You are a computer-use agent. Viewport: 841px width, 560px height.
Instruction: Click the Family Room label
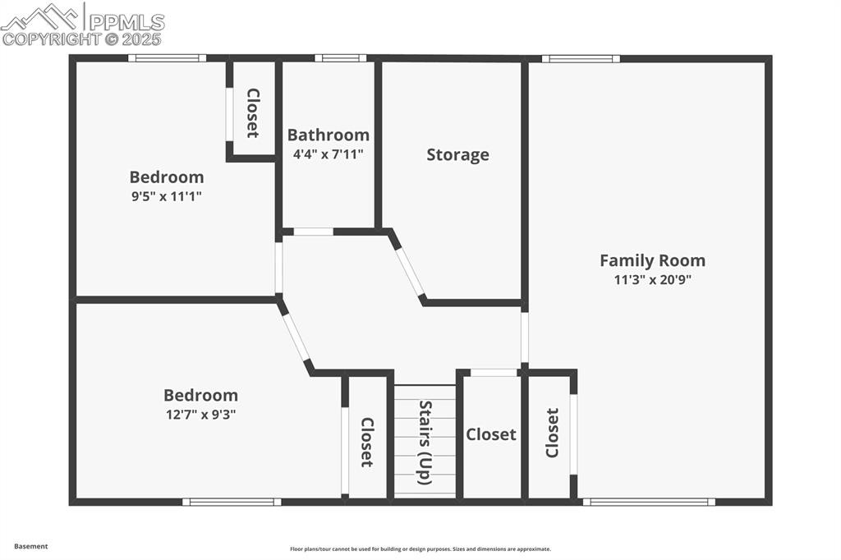(x=652, y=260)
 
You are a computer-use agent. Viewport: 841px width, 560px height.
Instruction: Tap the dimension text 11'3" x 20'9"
(x=652, y=279)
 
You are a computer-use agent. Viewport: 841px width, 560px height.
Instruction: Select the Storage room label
(x=457, y=154)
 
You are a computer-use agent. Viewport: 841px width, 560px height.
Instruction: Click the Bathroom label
(x=328, y=135)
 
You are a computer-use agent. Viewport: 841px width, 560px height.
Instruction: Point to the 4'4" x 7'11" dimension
(x=328, y=154)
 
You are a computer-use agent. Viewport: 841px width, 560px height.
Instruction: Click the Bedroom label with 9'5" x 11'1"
(x=167, y=177)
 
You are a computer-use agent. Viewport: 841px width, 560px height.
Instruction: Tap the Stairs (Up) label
(x=425, y=442)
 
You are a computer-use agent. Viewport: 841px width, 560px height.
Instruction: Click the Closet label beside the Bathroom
(x=252, y=112)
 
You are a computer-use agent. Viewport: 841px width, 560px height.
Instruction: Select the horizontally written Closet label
(x=491, y=434)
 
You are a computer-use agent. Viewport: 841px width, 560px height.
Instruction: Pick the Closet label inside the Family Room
(x=552, y=433)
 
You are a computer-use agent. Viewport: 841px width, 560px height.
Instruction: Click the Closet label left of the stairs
(x=367, y=442)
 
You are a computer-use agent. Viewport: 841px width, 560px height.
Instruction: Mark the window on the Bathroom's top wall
(x=340, y=58)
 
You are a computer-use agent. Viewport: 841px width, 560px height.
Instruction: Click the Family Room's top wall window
(x=581, y=58)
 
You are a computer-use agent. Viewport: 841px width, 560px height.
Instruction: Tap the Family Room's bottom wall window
(x=648, y=501)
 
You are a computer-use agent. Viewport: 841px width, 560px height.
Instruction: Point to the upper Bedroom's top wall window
(x=167, y=58)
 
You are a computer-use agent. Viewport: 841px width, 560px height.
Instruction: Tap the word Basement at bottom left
(x=31, y=546)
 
